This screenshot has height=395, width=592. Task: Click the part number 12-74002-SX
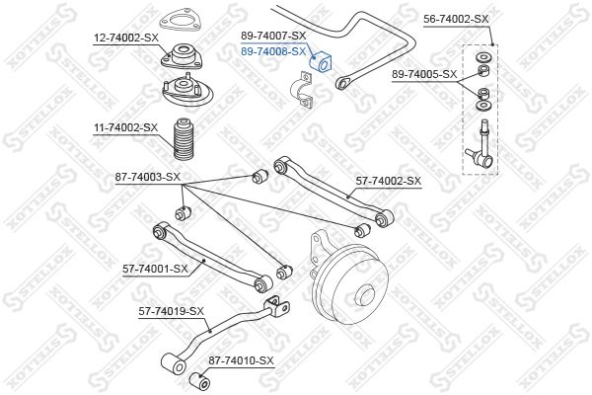click(x=126, y=39)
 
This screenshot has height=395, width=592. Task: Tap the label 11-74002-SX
click(x=125, y=127)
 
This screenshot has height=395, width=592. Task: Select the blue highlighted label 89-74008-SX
click(x=273, y=51)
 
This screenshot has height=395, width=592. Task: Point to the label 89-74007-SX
click(x=273, y=36)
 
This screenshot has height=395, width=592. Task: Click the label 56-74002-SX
click(x=456, y=20)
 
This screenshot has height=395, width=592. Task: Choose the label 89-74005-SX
click(x=424, y=74)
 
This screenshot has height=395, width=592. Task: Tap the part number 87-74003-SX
click(x=148, y=177)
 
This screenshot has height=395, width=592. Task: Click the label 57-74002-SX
click(x=389, y=182)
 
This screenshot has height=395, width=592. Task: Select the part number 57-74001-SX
click(x=155, y=270)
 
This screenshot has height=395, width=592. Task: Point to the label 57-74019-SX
click(x=172, y=311)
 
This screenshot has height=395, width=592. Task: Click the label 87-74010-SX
click(x=241, y=360)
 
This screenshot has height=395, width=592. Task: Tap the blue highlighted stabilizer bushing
click(x=321, y=60)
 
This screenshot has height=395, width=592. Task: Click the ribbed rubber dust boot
click(x=184, y=139)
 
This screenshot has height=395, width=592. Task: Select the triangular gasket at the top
click(x=180, y=23)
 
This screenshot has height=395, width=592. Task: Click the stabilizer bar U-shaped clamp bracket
click(x=302, y=90)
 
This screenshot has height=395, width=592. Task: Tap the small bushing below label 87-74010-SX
click(x=199, y=381)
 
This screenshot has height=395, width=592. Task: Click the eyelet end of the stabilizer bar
click(x=342, y=84)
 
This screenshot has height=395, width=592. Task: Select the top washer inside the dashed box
click(x=483, y=58)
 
